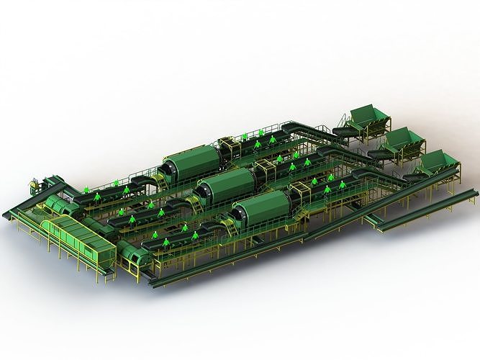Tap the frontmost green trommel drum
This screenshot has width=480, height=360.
click(263, 207)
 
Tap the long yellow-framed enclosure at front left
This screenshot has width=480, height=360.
click(77, 238)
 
